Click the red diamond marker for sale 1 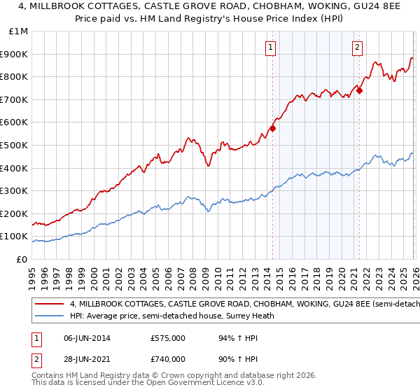click(272, 128)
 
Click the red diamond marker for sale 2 click(359, 90)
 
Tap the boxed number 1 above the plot click(270, 48)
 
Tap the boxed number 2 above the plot click(357, 48)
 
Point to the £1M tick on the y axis click(18, 31)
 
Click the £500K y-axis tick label click(15, 145)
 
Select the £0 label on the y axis click(22, 259)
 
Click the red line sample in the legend click(49, 304)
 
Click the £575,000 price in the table click(167, 337)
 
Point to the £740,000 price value click(167, 358)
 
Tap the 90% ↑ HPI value click(232, 358)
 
